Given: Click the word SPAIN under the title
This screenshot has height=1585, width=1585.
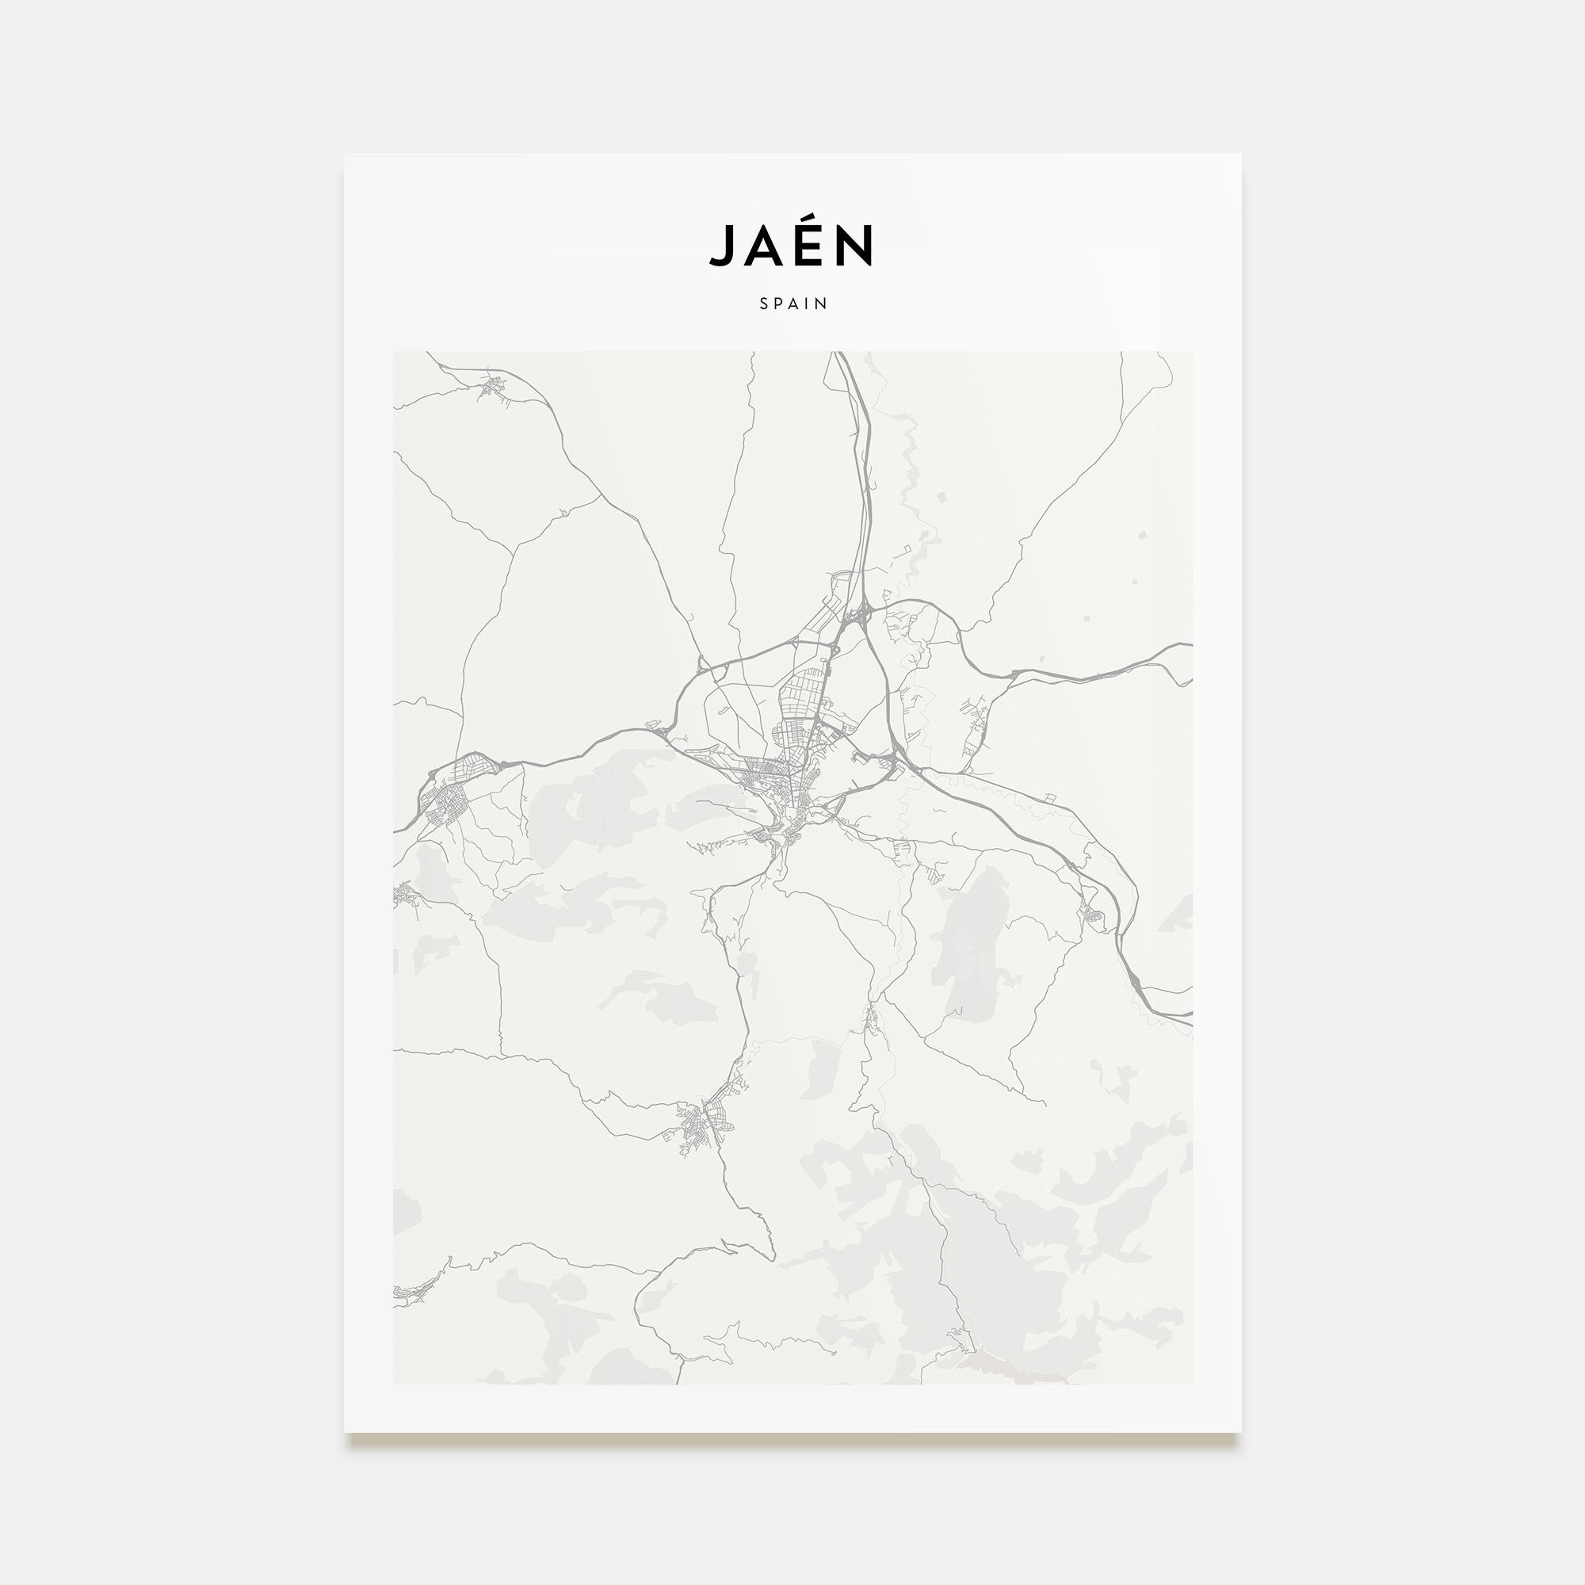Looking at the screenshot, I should (792, 304).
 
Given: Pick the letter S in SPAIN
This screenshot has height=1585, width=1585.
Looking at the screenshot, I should (764, 304).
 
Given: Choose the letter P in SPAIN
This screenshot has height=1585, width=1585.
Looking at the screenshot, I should (779, 304).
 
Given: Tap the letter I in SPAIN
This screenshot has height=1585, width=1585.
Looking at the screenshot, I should (809, 304).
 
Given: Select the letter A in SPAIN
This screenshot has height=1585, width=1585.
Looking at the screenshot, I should (795, 304).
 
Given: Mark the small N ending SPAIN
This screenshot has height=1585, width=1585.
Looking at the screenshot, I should (822, 304).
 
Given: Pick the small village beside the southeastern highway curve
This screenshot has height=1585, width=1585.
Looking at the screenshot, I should (1094, 913).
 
